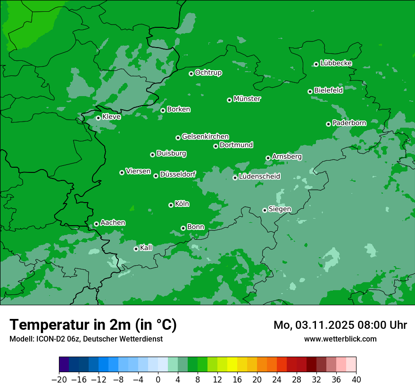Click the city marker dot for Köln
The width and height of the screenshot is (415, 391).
pos(171,205)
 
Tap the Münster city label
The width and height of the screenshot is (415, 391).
pos(247,99)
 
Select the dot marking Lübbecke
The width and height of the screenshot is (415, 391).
pos(316,64)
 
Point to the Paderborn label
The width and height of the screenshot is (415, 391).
pos(349,123)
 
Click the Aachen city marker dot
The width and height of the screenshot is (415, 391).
pos(96,224)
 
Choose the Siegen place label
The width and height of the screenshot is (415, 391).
pos(280,209)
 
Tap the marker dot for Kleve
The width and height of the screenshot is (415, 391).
pos(98,118)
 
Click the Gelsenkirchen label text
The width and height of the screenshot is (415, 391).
pos(205,137)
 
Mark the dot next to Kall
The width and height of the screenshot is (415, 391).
pos(136,249)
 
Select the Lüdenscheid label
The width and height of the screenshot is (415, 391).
pos(259,177)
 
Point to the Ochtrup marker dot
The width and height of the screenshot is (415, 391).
pos(191,73)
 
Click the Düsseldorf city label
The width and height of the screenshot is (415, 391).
pos(178,174)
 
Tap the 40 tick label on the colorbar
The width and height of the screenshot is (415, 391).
pos(356,380)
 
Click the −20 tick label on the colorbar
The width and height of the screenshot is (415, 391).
pos(59,380)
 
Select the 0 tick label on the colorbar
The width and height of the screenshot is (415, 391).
pos(158,380)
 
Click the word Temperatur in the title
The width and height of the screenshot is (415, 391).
pos(52,325)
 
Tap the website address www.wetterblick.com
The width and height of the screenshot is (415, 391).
pos(340,339)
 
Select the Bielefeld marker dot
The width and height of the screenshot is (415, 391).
pos(310,91)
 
